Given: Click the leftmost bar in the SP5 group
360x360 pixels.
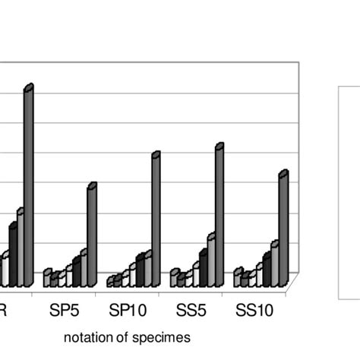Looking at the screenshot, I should tap(46, 278).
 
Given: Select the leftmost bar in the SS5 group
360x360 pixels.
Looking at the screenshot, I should tap(174, 278).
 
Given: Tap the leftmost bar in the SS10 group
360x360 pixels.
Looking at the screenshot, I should tap(237, 278).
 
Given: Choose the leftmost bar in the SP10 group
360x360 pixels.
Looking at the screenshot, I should tap(110, 282).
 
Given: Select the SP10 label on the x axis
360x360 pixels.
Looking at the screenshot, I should tap(125, 311).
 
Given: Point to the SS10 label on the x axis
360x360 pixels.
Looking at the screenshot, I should tap(252, 311).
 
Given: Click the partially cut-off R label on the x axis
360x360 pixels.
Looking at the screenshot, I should tap(4, 311).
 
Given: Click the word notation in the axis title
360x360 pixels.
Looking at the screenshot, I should tap(86, 336).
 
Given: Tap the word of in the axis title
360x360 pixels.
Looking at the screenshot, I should tap(118, 336).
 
